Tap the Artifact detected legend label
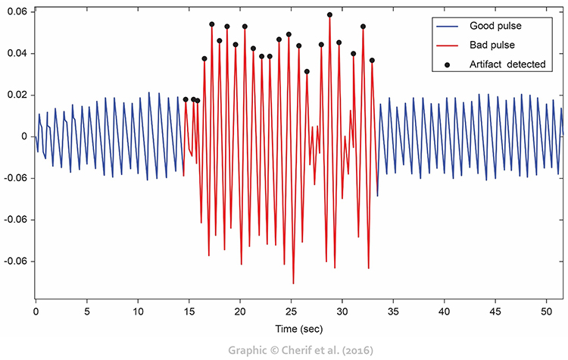pyautogui.click(x=507, y=64)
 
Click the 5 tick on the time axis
pyautogui.click(x=86, y=311)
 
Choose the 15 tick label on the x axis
pyautogui.click(x=189, y=311)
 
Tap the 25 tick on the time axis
pyautogui.click(x=291, y=311)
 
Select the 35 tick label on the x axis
pyautogui.click(x=393, y=311)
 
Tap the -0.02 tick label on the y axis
pyautogui.click(x=15, y=178)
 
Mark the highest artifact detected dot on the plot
pyautogui.click(x=329, y=14)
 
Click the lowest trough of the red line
pyautogui.click(x=293, y=283)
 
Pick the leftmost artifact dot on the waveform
pyautogui.click(x=186, y=99)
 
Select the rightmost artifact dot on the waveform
pyautogui.click(x=372, y=61)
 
